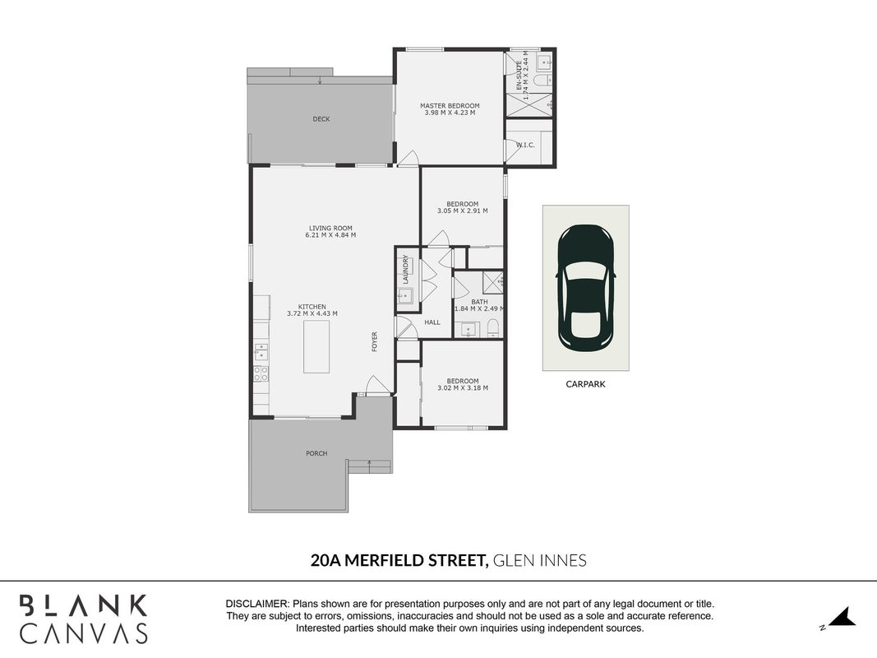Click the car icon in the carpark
(585, 286)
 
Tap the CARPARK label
(585, 384)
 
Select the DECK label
(321, 119)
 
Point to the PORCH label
(316, 453)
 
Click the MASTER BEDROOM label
(450, 106)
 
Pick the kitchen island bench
(316, 346)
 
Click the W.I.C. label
(525, 145)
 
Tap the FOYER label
(375, 342)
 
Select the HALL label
(432, 322)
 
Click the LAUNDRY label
(405, 269)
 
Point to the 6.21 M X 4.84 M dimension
(330, 235)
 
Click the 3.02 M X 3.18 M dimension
(463, 387)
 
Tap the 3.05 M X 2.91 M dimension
(463, 211)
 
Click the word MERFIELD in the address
(385, 560)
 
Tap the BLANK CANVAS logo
(84, 619)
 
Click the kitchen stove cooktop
(261, 373)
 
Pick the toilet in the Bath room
(493, 327)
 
